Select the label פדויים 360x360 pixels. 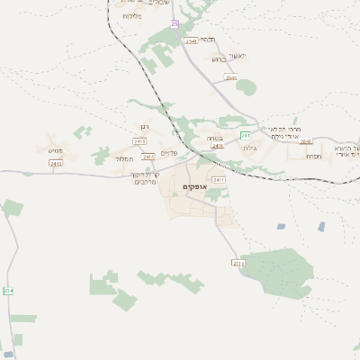pyautogui.click(x=168, y=151)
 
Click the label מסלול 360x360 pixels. pyautogui.click(x=125, y=158)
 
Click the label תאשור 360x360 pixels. pyautogui.click(x=238, y=54)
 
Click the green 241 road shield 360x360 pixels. pyautogui.click(x=245, y=135)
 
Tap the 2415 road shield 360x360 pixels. pyautogui.click(x=139, y=141)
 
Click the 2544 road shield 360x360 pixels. pyautogui.click(x=231, y=78)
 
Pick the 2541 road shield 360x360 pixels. pyautogui.click(x=191, y=41)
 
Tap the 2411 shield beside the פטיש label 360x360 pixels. pyautogui.click(x=56, y=164)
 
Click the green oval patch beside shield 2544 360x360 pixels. pyautogui.click(x=246, y=87)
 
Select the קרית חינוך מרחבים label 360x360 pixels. pyautogui.click(x=145, y=178)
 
